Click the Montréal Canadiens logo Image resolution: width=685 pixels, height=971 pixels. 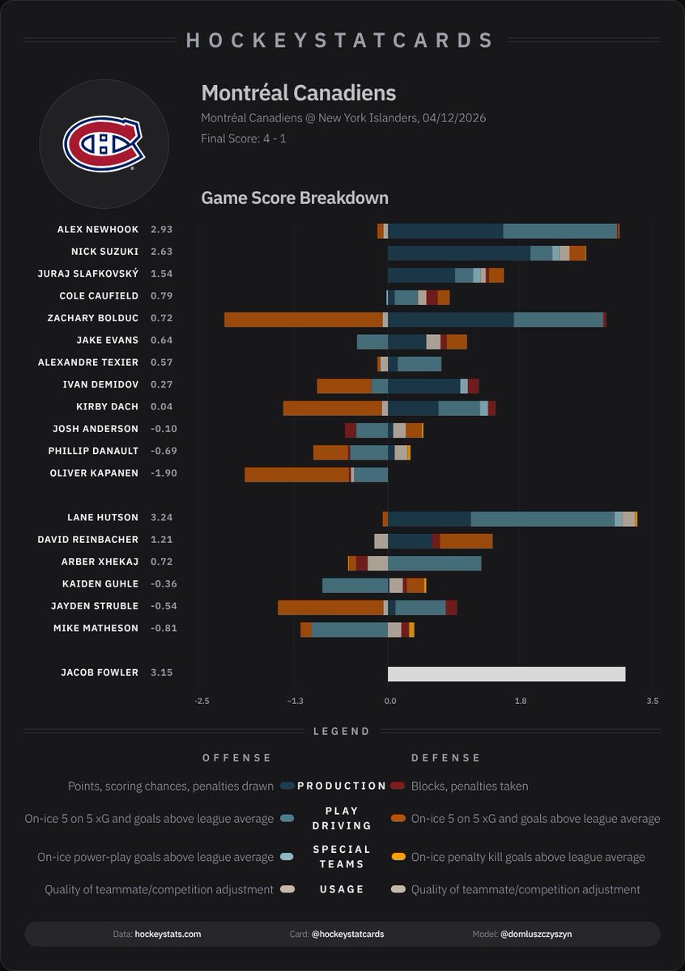(104, 145)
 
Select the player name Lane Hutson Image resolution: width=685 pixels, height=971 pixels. (103, 517)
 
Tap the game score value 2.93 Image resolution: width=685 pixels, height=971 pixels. (161, 230)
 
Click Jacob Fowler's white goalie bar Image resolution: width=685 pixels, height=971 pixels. (506, 673)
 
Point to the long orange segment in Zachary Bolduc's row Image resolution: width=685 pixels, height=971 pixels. (303, 319)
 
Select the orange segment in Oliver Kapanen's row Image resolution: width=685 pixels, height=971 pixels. (297, 474)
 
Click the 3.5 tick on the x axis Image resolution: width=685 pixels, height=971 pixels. (652, 701)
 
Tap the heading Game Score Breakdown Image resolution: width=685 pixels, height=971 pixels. (295, 198)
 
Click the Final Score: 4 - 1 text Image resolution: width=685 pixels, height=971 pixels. (244, 138)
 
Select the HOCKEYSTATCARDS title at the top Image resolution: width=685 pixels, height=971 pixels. (341, 40)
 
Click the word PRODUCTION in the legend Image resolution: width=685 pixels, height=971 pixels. (342, 786)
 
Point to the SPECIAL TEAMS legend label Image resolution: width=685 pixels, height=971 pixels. (342, 856)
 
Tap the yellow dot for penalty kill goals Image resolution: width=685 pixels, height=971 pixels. (397, 857)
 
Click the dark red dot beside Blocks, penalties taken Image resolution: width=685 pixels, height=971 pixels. (397, 786)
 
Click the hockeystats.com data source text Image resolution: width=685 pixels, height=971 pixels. (168, 934)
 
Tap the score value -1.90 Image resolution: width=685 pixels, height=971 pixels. (163, 473)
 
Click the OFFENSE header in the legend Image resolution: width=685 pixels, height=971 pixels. (237, 758)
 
